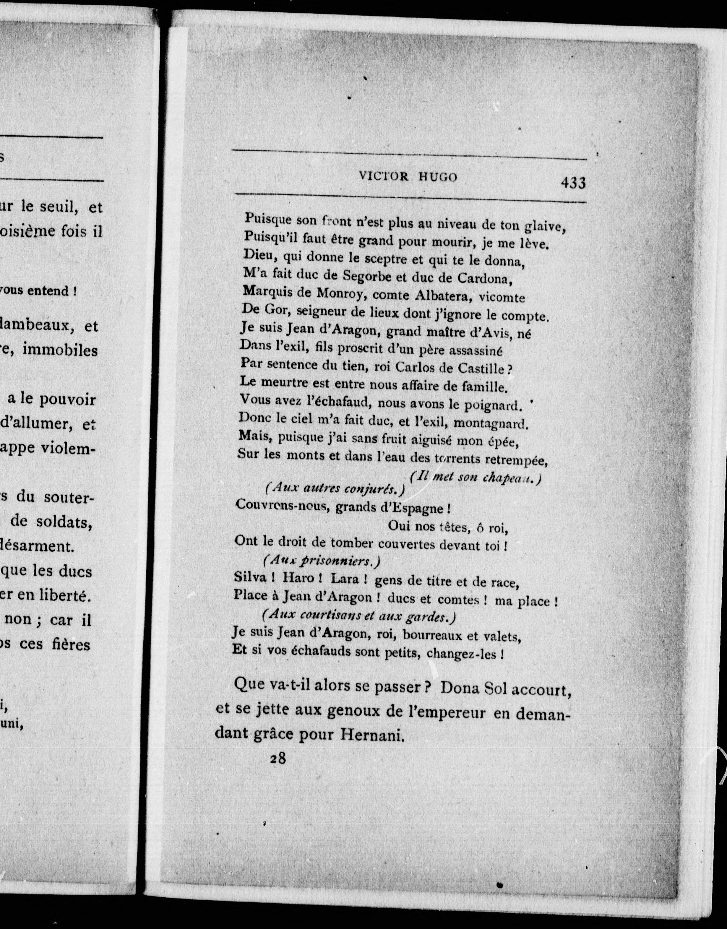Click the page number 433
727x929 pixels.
click(x=573, y=183)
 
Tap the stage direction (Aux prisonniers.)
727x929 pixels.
click(x=321, y=561)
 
